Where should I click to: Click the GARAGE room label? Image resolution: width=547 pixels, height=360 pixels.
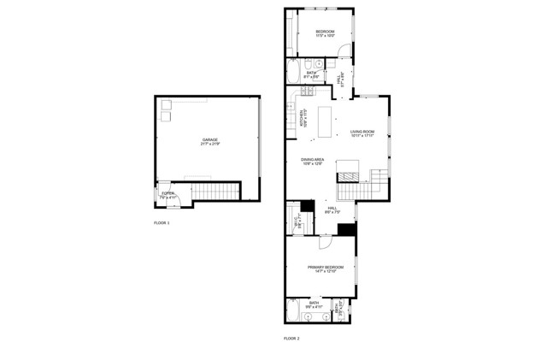[209, 139]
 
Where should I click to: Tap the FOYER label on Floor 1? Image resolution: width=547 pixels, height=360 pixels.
[168, 193]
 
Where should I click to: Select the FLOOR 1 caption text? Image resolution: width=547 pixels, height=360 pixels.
[162, 223]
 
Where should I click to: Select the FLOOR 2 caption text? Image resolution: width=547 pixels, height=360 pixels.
[291, 339]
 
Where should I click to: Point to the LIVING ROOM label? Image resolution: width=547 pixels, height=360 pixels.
[362, 131]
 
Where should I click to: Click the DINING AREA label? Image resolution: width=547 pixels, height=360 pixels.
[312, 159]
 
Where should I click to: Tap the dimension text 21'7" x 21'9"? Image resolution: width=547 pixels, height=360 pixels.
[209, 144]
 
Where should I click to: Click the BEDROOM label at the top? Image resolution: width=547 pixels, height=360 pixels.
[325, 32]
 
